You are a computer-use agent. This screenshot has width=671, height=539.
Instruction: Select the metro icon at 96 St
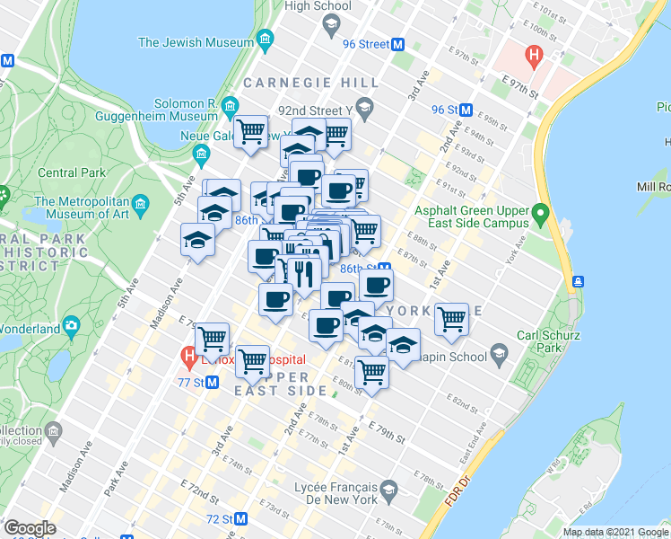466,110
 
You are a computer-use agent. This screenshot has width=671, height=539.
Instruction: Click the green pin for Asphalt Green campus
539,215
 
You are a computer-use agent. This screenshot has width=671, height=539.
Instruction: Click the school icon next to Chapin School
498,356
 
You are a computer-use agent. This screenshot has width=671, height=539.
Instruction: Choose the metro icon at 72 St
240,519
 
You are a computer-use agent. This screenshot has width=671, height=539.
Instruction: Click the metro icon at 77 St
213,382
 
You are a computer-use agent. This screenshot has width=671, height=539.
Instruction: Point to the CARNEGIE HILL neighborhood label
316,83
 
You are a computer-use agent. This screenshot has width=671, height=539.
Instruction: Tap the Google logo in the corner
30,528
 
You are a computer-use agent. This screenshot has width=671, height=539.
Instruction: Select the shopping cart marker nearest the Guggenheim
251,132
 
